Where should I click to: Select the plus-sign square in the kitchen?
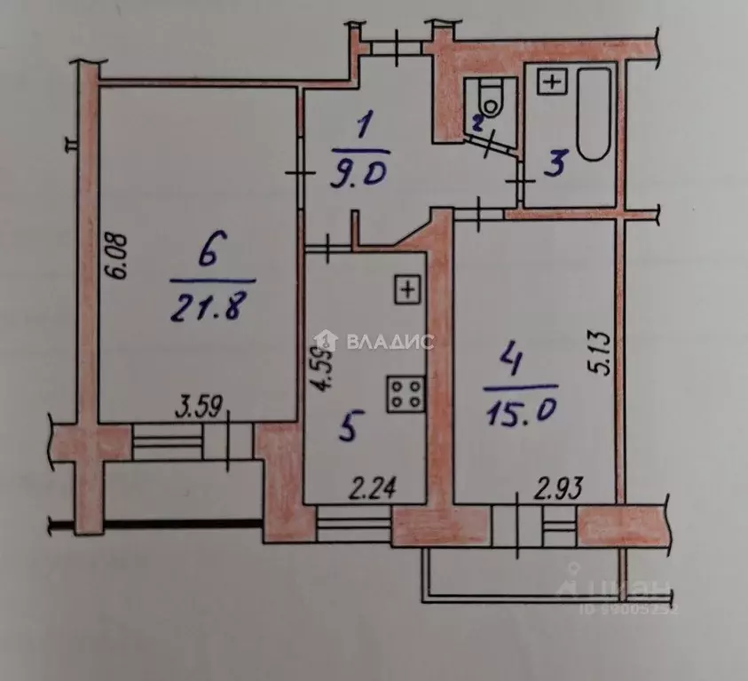click(406, 289)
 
